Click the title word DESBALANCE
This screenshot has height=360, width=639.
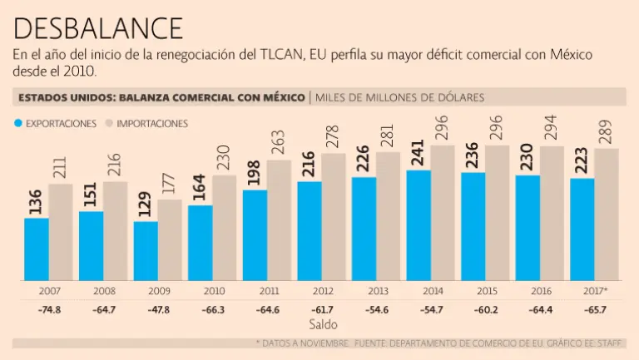[x=98, y=28]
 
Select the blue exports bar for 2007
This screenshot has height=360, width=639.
[x=36, y=249]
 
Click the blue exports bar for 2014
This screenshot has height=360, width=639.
[x=419, y=225]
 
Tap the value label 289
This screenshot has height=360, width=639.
[x=606, y=131]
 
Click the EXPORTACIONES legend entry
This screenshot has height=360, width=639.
[x=55, y=123]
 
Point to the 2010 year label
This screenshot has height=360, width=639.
[x=212, y=292]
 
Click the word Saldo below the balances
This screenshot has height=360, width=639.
[x=323, y=323]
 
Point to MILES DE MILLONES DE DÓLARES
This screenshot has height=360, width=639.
[x=399, y=97]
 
